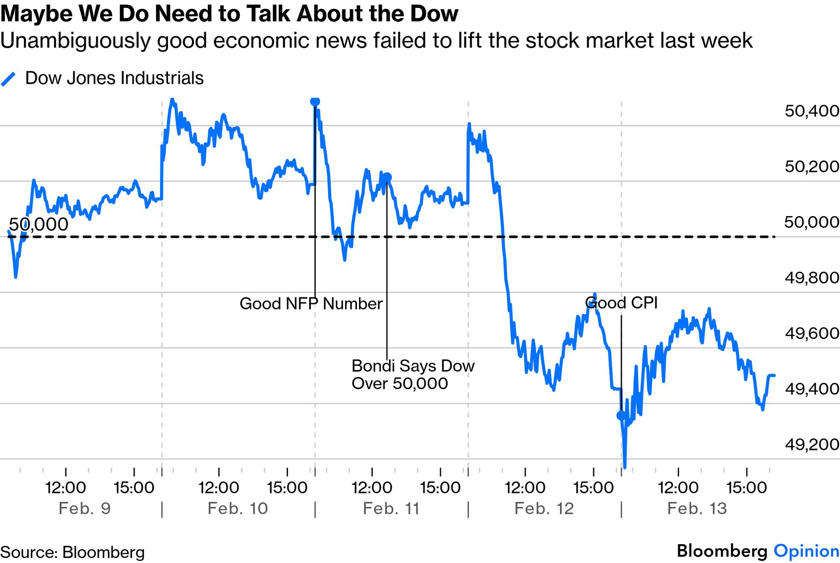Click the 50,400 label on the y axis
coord(812,111)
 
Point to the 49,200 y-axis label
coord(812,444)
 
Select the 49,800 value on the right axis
coord(812,278)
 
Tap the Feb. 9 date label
coord(85,509)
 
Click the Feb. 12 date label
coord(544,509)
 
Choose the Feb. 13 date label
coord(697,509)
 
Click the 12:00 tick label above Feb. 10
coord(219,488)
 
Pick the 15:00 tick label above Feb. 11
coord(440,488)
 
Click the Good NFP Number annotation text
coord(311,304)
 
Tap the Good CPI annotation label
coord(621,303)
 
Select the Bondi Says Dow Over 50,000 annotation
coord(413,374)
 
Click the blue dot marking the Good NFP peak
coord(315,101)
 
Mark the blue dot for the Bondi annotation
coord(387,178)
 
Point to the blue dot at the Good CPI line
coord(621,415)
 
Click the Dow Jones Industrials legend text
coord(114,78)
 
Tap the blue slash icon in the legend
coord(8,79)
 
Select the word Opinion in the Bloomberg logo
coord(806,551)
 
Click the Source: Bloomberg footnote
coord(72,553)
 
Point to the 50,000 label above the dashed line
coord(39,225)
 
